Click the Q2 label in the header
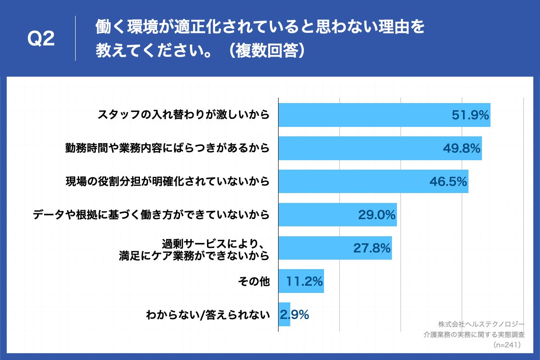click(41, 39)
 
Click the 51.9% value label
click(470, 115)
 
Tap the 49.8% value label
click(462, 148)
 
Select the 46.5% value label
click(448, 181)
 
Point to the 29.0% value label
click(377, 215)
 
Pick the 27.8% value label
click(372, 248)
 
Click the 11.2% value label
click(305, 282)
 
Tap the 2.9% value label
click(294, 315)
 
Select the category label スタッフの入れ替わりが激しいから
click(184, 115)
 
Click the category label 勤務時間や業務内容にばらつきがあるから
click(167, 148)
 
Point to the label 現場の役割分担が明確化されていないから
click(167, 181)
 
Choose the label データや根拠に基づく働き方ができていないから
click(151, 215)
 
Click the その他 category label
click(253, 282)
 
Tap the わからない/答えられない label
click(207, 315)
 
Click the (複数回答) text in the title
click(265, 51)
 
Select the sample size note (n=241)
click(507, 345)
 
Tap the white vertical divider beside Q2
click(75, 38)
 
